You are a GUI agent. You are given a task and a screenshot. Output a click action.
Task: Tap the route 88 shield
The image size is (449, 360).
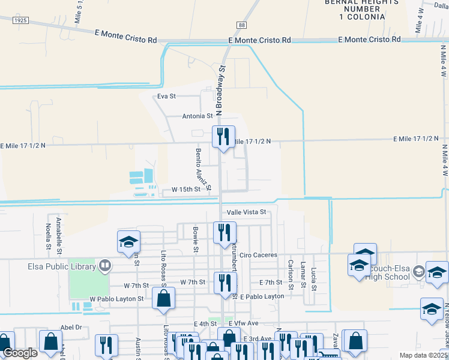point(241,25)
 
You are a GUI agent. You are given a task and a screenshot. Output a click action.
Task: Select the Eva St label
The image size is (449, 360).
point(166,96)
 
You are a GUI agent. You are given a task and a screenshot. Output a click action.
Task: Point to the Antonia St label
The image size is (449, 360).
point(197,116)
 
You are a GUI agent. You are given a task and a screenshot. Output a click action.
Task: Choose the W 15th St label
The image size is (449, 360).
point(185,189)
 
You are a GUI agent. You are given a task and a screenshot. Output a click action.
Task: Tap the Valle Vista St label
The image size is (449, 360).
point(246,212)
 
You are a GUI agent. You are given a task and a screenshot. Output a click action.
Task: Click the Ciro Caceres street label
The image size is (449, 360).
point(258,255)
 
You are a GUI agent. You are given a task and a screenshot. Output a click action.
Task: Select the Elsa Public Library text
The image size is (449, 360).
point(62,266)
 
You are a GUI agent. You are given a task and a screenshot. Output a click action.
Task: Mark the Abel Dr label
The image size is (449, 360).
point(71,328)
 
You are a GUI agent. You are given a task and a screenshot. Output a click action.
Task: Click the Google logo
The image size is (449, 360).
point(20,353)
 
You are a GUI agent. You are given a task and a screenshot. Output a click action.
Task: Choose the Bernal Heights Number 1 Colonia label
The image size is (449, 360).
point(354,9)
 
